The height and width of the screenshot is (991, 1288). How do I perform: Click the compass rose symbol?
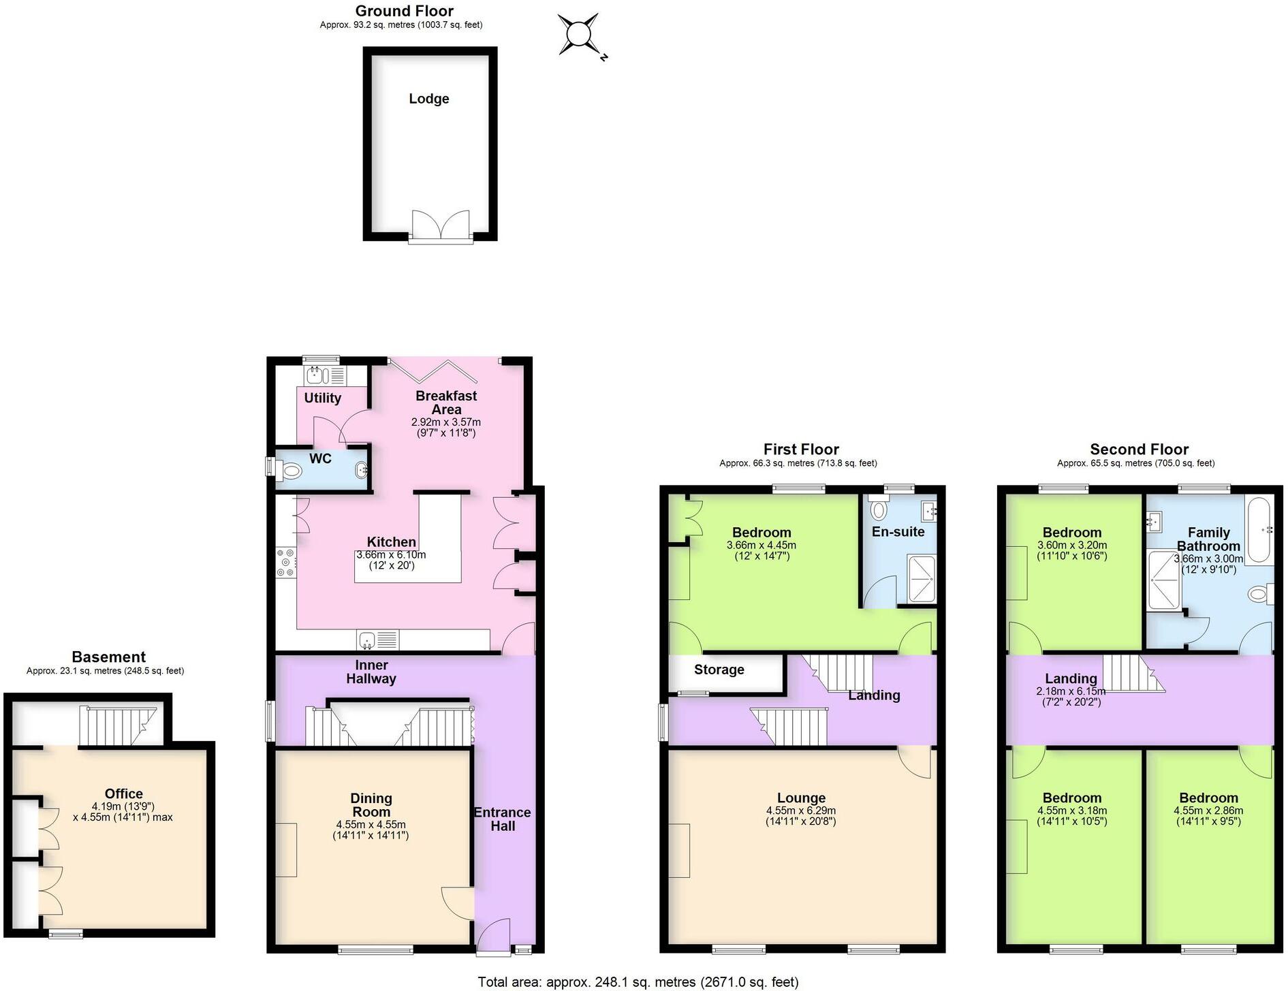[x=579, y=34]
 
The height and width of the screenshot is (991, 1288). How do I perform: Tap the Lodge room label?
[x=428, y=99]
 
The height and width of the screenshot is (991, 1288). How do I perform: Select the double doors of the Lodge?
[x=441, y=225]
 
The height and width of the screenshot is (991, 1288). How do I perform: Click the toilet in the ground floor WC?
[x=291, y=470]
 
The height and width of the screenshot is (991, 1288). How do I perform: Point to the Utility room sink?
[x=315, y=375]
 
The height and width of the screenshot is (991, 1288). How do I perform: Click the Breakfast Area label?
[x=446, y=403]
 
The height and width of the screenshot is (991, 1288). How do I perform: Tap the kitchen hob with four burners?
[x=286, y=563]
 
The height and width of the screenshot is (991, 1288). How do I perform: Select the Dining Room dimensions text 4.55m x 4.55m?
[x=371, y=824]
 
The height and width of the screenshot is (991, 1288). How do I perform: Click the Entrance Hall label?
[x=503, y=819]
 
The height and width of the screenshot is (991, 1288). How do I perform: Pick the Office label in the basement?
[x=124, y=793]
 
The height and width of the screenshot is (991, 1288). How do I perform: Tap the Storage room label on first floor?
[x=719, y=670]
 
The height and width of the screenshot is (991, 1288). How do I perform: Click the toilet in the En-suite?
[x=879, y=509]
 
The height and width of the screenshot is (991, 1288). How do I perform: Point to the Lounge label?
[x=801, y=798]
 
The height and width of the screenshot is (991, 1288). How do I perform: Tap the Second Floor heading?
[x=1139, y=450]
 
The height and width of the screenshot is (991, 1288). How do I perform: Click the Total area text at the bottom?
[x=638, y=981]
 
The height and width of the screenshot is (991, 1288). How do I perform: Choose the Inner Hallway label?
[x=371, y=672]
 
